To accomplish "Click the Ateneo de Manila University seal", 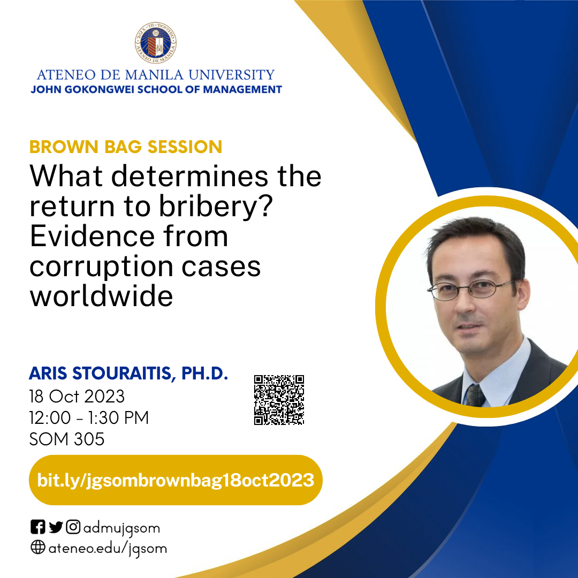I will (156, 43).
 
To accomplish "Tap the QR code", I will (279, 400).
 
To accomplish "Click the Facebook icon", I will (38, 527).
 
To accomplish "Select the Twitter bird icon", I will (56, 527).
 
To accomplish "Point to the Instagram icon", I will (73, 527).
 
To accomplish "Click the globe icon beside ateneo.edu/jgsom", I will (38, 548).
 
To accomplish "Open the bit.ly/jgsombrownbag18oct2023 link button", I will (176, 480).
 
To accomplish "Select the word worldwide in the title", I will (101, 295).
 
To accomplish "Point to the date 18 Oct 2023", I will (77, 397).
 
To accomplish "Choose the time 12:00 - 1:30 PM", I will (89, 417).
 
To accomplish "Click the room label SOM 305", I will (67, 439).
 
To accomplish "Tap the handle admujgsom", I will (121, 528).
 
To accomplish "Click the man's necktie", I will (475, 396).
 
